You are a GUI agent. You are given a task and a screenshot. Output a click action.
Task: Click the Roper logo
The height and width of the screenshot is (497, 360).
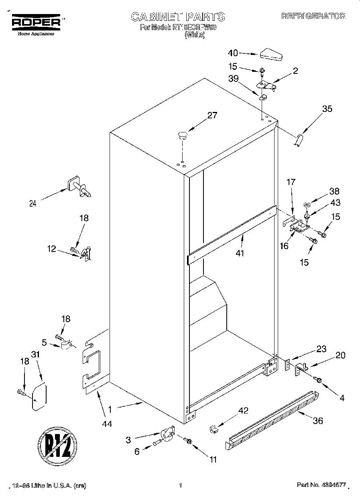[36, 22]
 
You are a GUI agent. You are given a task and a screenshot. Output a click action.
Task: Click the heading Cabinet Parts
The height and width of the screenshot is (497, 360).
[178, 17]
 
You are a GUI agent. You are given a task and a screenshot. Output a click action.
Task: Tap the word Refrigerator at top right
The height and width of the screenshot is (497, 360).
[313, 16]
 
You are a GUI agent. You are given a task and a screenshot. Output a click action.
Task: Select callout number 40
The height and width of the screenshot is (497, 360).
[233, 53]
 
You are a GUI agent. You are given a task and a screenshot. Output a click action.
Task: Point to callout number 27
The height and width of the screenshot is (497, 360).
[212, 116]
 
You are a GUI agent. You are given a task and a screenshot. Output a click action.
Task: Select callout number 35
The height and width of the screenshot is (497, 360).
[327, 108]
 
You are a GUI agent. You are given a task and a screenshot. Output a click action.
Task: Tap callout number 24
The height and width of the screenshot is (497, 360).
[33, 203]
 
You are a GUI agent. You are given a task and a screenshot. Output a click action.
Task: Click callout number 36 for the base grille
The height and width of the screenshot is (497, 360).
[317, 421]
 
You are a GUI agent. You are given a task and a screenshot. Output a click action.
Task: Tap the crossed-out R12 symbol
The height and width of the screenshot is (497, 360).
[57, 445]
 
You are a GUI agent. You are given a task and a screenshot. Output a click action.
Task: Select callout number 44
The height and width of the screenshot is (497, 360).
[107, 423]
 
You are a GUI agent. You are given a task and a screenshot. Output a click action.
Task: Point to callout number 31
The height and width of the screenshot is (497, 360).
[36, 355]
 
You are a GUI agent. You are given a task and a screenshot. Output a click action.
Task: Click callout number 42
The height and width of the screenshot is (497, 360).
[243, 410]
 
